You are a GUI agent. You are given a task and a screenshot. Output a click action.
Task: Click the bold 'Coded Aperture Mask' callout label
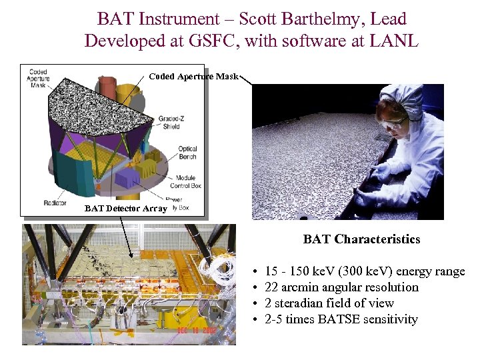pyautogui.click(x=193, y=76)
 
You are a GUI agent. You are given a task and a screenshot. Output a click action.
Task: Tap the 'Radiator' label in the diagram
pyautogui.click(x=54, y=203)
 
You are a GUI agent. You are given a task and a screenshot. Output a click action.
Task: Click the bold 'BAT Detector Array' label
pyautogui.click(x=126, y=209)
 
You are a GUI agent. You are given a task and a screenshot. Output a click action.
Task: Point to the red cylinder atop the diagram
pyautogui.click(x=107, y=86)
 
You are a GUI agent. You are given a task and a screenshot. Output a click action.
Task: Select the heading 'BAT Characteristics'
pyautogui.click(x=361, y=239)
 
